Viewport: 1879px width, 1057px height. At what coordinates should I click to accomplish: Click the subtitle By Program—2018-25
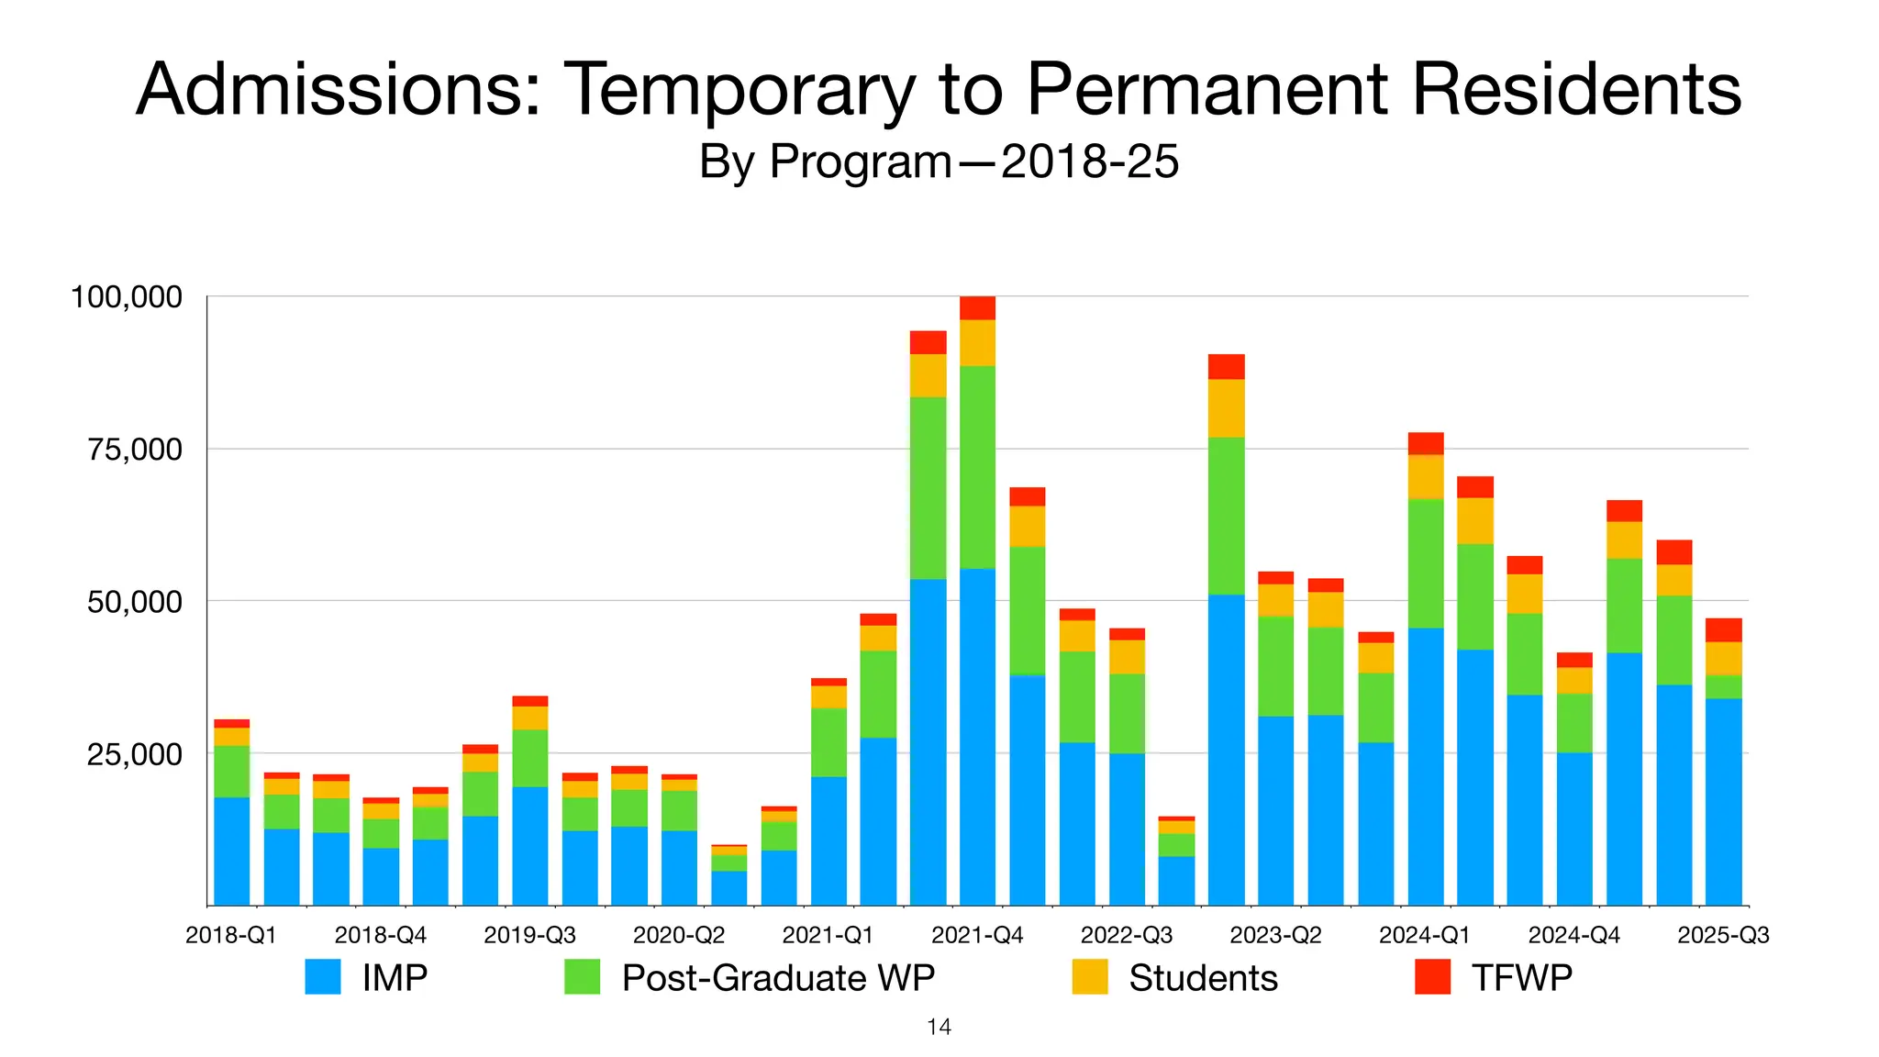tap(939, 162)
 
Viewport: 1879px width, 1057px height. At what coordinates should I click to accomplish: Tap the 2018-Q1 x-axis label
tap(231, 935)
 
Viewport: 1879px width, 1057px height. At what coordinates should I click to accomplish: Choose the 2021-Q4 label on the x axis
tap(977, 935)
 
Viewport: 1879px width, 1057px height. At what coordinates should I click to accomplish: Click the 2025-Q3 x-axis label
tap(1723, 935)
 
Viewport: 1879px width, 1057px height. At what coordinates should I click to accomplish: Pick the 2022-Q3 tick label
tap(1127, 935)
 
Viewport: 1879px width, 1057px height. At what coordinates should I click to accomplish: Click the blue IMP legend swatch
tap(323, 977)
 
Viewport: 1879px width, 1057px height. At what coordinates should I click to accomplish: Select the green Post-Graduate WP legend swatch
tap(583, 977)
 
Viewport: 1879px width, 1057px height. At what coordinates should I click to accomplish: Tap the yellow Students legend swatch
tap(1090, 977)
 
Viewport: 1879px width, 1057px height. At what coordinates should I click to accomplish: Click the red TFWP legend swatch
tap(1433, 977)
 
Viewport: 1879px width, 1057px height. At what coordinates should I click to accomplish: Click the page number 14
tap(939, 1027)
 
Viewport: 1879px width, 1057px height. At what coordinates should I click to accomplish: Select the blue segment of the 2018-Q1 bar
tap(231, 851)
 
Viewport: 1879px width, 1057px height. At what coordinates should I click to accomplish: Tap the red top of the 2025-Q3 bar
tap(1723, 629)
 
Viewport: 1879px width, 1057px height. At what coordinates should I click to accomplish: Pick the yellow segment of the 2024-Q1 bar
tap(1426, 476)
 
